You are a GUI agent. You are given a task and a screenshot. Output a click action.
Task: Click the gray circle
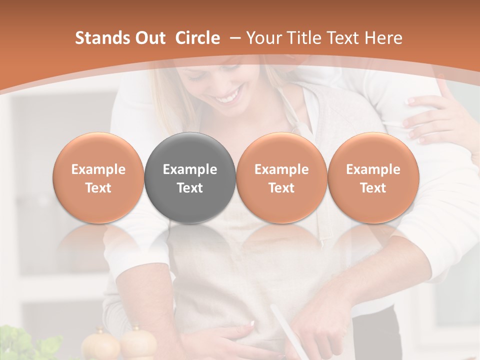(189, 177)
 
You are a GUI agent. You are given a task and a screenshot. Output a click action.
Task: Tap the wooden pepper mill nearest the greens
(100, 345)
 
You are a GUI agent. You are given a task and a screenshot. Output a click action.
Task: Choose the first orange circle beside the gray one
(98, 177)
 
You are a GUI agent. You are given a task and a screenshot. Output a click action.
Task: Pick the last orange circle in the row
(373, 177)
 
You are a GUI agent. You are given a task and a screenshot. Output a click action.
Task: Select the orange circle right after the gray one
(281, 177)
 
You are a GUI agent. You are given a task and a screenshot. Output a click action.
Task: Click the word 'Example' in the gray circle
(190, 169)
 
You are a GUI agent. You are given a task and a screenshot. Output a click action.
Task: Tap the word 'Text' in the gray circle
(190, 188)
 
